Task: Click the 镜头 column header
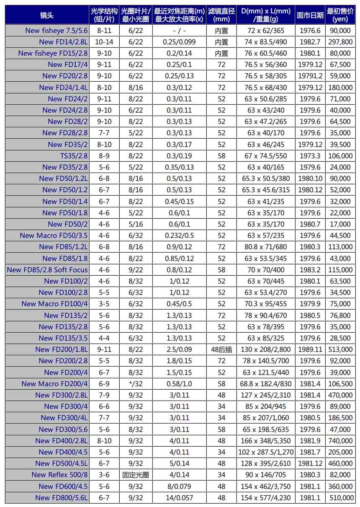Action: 47,16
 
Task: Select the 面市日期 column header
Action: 310,16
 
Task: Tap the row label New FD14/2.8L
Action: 63,42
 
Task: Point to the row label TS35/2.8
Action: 74,156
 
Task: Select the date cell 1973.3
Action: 310,156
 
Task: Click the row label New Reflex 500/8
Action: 59,475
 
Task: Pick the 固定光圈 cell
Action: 136,475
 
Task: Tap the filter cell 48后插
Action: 221,349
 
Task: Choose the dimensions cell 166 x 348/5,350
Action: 266,441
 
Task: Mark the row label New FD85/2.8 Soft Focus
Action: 47,270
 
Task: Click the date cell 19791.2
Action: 310,76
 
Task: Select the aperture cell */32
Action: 136,384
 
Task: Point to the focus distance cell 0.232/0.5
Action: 179,235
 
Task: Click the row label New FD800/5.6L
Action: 62,498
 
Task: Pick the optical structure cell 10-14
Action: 104,42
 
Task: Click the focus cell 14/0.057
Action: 179,498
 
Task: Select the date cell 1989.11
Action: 310,349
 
